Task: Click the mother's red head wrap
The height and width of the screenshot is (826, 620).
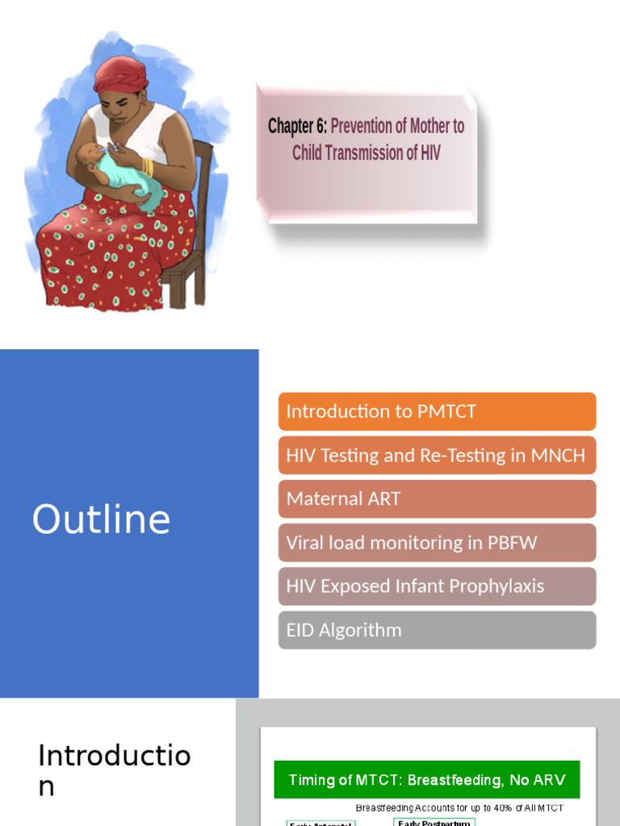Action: pyautogui.click(x=120, y=73)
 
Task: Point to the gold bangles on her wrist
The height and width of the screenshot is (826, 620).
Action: pyautogui.click(x=148, y=167)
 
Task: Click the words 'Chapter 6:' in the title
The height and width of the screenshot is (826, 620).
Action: pyautogui.click(x=297, y=127)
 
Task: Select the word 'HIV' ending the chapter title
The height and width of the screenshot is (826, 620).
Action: pyautogui.click(x=430, y=152)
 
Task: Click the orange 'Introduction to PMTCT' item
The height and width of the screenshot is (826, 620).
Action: pyautogui.click(x=437, y=411)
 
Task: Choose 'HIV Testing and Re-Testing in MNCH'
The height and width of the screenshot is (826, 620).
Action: pyautogui.click(x=437, y=455)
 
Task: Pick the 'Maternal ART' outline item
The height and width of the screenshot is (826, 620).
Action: pyautogui.click(x=437, y=499)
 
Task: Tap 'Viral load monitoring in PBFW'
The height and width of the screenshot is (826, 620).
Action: pyautogui.click(x=437, y=542)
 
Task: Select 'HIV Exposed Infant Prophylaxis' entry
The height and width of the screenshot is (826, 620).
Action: pyautogui.click(x=437, y=586)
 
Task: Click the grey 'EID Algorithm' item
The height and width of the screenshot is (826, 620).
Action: pyautogui.click(x=437, y=630)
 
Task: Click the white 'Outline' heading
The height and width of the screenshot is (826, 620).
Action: pyautogui.click(x=101, y=520)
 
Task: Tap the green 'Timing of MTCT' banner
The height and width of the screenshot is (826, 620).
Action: pyautogui.click(x=426, y=780)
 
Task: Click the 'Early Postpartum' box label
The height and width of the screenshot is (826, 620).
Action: pyautogui.click(x=434, y=822)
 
